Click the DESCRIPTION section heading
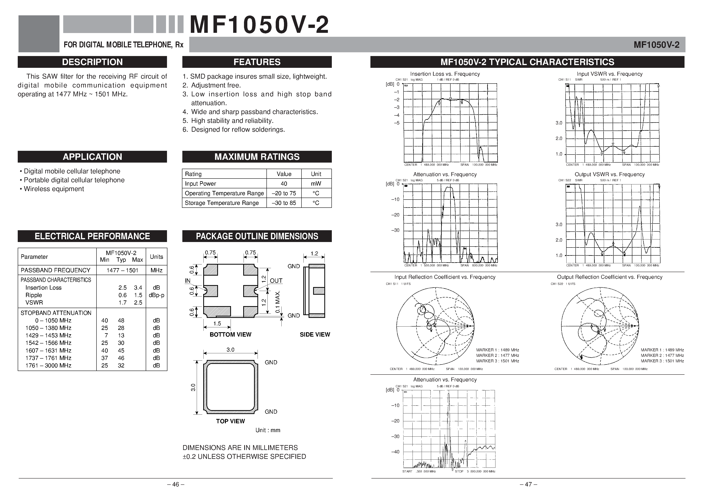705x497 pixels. pos(92,62)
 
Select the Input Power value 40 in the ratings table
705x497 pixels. pos(284,184)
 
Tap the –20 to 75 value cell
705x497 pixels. pos(284,193)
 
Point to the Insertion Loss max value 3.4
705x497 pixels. pos(138,288)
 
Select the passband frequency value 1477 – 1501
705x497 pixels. pos(122,270)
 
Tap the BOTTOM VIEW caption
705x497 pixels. pos(230,334)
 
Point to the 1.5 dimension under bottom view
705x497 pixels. pos(217,323)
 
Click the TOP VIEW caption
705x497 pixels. pos(230,421)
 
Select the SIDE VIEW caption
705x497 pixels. pos(315,334)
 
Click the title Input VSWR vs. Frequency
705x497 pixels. pos(609,74)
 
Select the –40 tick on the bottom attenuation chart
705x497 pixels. pos(395,452)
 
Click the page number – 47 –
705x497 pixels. pos(528,484)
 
